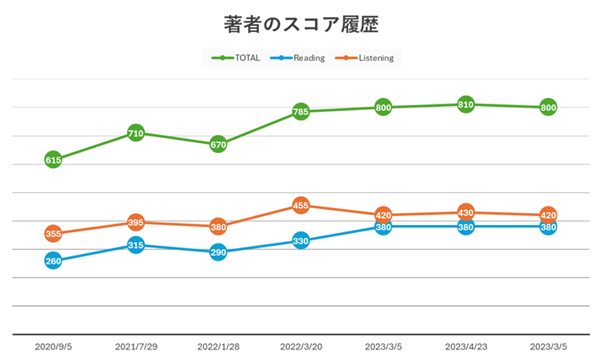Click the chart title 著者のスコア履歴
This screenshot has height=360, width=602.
(x=301, y=25)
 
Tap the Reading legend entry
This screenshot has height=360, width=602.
(x=298, y=58)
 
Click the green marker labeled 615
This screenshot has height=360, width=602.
(x=53, y=160)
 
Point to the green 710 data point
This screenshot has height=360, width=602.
(x=136, y=133)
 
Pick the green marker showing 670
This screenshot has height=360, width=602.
(x=218, y=145)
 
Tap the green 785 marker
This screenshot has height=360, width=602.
(x=301, y=112)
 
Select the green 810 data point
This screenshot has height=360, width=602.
(x=465, y=104)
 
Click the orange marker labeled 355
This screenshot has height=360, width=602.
(x=53, y=234)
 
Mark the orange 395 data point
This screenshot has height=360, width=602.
(x=136, y=223)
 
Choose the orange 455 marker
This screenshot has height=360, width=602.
(x=301, y=206)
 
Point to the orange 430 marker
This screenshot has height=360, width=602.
(x=465, y=213)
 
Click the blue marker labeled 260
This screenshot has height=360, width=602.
(x=53, y=260)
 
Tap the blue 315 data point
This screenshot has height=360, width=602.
(x=136, y=245)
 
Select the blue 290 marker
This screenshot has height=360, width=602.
(x=218, y=252)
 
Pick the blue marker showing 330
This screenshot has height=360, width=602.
(x=301, y=240)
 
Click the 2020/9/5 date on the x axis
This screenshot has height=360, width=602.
(x=53, y=346)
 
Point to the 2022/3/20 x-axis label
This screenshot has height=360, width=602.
(x=301, y=346)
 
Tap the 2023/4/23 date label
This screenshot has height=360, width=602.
(x=465, y=346)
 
